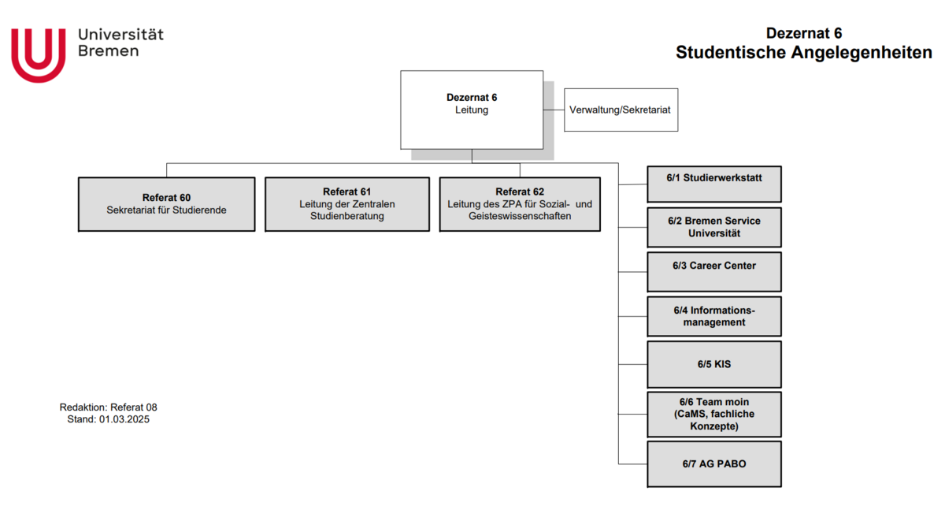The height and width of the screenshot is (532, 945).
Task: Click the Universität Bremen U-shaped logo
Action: [38, 54]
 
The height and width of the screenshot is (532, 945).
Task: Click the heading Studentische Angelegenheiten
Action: [803, 53]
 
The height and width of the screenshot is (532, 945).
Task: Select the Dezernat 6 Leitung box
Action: [472, 110]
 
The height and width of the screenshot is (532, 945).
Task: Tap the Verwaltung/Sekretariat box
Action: [621, 110]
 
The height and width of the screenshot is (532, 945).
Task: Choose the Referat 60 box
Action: [166, 204]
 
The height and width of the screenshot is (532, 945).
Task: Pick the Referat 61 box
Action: [346, 204]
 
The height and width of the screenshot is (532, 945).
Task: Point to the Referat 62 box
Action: [520, 204]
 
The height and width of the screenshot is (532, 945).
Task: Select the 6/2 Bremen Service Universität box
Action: [714, 227]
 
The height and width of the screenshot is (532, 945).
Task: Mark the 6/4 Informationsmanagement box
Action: [714, 316]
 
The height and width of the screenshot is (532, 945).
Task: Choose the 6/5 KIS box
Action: [714, 364]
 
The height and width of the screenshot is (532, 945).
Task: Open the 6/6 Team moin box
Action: [714, 414]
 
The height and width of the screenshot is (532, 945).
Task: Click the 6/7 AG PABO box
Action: [714, 464]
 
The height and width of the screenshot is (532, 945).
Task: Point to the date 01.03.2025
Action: [124, 420]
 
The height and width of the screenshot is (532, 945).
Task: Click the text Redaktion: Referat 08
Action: [109, 407]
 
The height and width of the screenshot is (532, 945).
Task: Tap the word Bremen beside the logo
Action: [109, 51]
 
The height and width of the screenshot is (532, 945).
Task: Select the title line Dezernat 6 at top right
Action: [803, 33]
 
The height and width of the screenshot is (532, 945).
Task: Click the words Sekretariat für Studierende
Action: [166, 210]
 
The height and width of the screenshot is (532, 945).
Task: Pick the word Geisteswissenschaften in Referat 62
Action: [520, 216]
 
